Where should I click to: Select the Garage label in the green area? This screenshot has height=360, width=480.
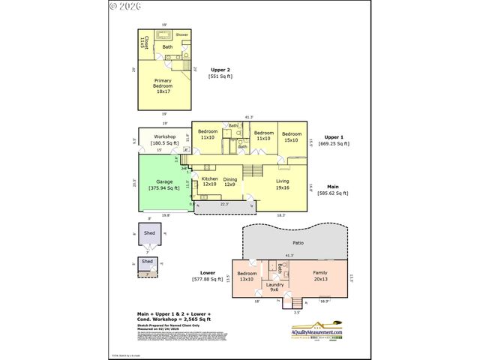164,185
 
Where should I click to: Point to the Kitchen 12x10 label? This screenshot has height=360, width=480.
209,181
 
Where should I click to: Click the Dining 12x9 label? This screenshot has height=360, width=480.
230,181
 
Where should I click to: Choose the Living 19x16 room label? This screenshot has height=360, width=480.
282,184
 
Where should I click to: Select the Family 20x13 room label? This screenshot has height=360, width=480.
319,276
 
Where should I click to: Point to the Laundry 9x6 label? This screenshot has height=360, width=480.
275,287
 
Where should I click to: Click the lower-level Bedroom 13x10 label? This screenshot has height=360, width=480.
247,276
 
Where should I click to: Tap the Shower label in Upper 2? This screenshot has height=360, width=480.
182,35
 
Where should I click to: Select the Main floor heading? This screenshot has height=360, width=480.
334,187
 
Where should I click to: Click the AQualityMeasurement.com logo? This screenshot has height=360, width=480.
316,332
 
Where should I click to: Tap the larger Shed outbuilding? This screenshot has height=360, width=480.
148,234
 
